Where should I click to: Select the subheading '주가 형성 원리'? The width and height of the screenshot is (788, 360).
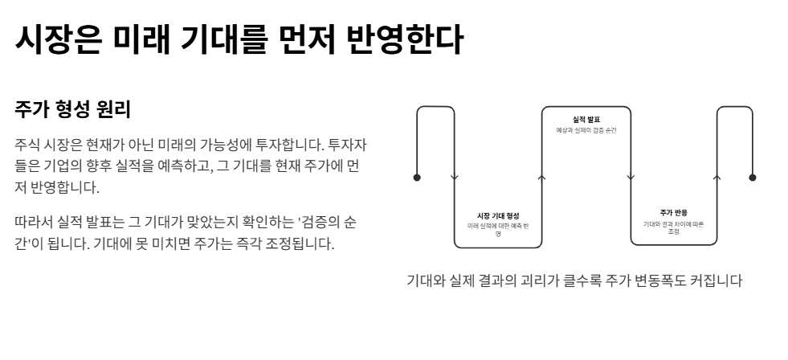tap(72, 108)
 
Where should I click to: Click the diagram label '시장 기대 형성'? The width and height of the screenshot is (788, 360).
tap(498, 215)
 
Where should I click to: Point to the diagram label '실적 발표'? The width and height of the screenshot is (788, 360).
tap(586, 119)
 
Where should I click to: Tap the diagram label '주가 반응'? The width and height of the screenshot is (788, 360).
tap(673, 212)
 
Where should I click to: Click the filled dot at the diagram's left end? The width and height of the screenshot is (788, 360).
tap(416, 178)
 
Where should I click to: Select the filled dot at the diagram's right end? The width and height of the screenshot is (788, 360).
tap(753, 178)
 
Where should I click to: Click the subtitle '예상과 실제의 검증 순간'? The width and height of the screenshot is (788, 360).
tap(586, 129)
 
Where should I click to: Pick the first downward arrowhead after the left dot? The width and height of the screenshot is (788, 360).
tap(455, 178)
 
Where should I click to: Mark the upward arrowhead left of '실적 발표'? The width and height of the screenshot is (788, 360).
tap(541, 178)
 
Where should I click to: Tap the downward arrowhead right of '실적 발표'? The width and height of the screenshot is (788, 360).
tap(630, 178)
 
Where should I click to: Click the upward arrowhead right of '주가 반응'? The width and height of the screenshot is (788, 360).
tap(717, 178)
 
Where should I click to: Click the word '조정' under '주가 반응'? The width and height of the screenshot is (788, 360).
tap(673, 231)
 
